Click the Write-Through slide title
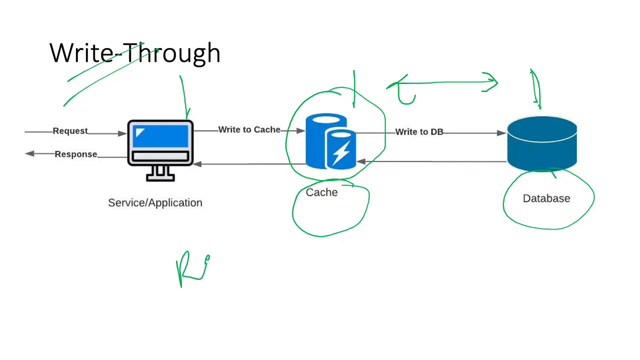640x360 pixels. pyautogui.click(x=135, y=53)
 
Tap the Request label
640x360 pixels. pyautogui.click(x=70, y=131)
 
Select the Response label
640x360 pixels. pyautogui.click(x=76, y=154)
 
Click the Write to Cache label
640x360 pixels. pyautogui.click(x=249, y=129)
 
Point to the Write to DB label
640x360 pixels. pyautogui.click(x=419, y=132)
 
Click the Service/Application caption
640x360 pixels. pyautogui.click(x=155, y=202)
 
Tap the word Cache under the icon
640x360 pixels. pyautogui.click(x=321, y=192)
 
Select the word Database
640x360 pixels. pyautogui.click(x=546, y=198)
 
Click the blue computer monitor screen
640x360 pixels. pyautogui.click(x=160, y=136)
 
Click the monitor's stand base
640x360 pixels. pyautogui.click(x=160, y=177)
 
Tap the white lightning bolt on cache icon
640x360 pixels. pyautogui.click(x=341, y=152)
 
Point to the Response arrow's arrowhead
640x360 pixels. pyautogui.click(x=29, y=153)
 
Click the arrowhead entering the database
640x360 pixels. pyautogui.click(x=501, y=133)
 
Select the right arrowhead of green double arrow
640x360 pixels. pyautogui.click(x=492, y=82)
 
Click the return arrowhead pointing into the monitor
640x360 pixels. pyautogui.click(x=197, y=163)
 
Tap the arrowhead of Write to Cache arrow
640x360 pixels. pyautogui.click(x=300, y=130)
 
